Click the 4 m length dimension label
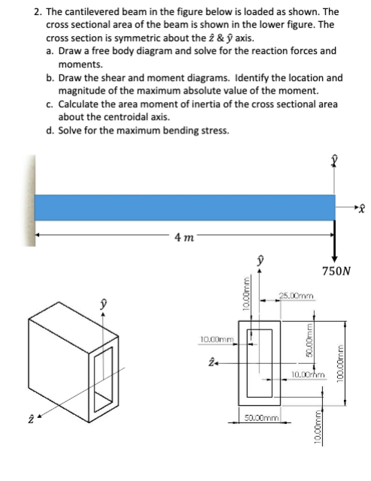tap(184, 237)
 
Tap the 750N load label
tap(336, 271)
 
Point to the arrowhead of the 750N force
tap(334, 259)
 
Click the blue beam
tap(185, 207)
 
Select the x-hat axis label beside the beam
tap(363, 209)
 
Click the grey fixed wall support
tap(30, 200)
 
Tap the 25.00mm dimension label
tap(297, 296)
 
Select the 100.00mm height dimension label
tap(341, 362)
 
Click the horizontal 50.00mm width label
tap(261, 418)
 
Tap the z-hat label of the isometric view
tap(31, 419)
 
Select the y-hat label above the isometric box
tap(104, 305)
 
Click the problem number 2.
tap(38, 12)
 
